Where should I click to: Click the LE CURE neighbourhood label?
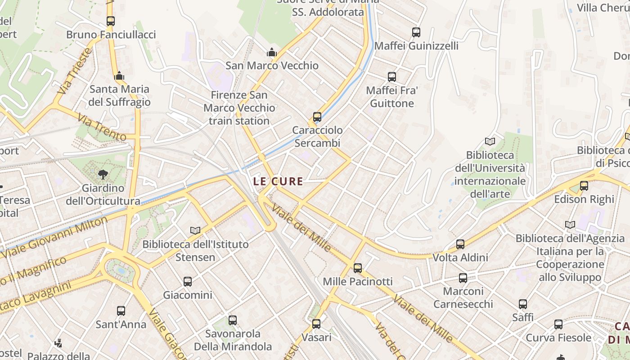[x=278, y=182]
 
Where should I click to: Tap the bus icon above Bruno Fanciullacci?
[x=111, y=21]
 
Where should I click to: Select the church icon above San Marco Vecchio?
[x=271, y=52]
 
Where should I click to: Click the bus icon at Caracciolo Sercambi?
[x=317, y=117]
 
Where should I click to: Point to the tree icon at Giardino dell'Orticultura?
[x=103, y=174]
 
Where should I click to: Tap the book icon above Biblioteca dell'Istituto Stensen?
[x=195, y=230]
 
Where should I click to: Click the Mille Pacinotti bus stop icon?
[x=358, y=268]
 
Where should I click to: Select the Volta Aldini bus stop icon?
[x=460, y=244]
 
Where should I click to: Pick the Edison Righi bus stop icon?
[x=584, y=185]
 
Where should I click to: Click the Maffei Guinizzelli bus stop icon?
[x=416, y=32]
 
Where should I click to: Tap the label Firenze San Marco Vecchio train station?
[x=239, y=108]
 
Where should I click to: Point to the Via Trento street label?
[x=102, y=127]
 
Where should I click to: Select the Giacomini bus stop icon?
[x=188, y=282]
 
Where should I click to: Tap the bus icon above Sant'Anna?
[x=121, y=311]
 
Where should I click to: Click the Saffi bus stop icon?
[x=523, y=304]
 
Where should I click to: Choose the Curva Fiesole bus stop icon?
[x=558, y=324]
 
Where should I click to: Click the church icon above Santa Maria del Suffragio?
[x=119, y=76]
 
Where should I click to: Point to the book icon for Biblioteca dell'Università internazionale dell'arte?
[x=490, y=142]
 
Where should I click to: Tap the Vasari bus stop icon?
[x=316, y=324]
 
